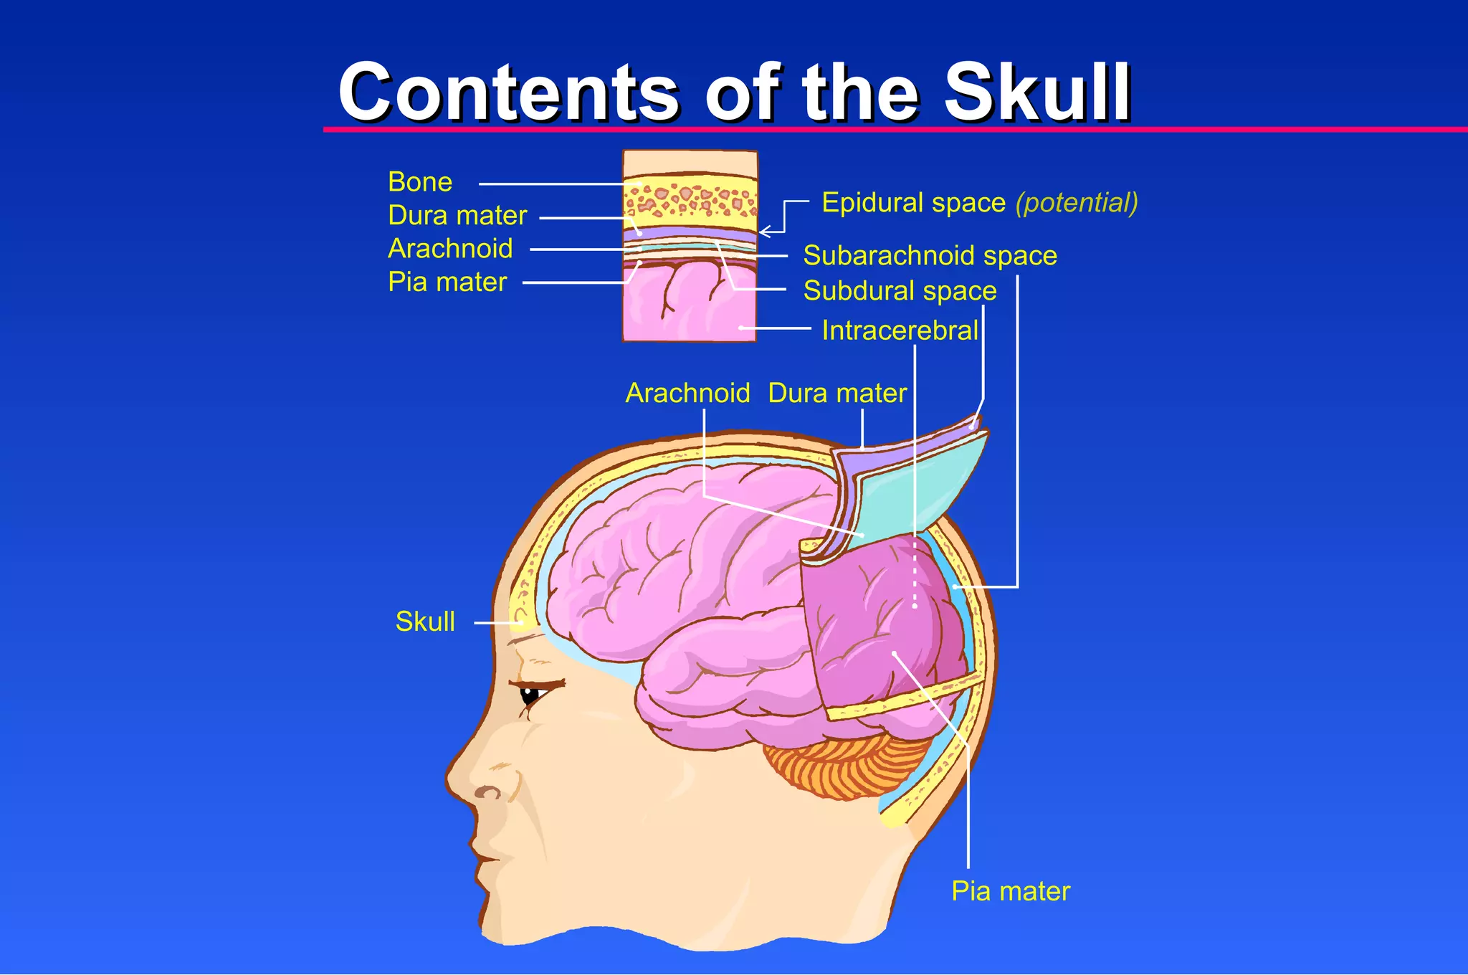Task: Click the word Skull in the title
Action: click(1037, 93)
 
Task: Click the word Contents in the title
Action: click(508, 93)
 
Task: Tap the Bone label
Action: click(420, 182)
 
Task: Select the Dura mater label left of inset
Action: click(457, 215)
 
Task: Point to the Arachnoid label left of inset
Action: click(450, 249)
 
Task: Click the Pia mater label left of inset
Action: click(447, 282)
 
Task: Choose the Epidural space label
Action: click(913, 203)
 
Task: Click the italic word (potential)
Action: click(1077, 203)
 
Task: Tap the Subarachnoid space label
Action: click(930, 256)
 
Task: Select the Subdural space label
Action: click(900, 291)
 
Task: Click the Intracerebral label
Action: click(900, 330)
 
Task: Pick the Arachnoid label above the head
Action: click(687, 393)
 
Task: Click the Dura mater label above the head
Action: click(837, 393)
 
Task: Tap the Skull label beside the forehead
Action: click(425, 622)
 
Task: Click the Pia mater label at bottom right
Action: click(1010, 891)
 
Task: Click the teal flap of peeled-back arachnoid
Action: click(917, 487)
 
